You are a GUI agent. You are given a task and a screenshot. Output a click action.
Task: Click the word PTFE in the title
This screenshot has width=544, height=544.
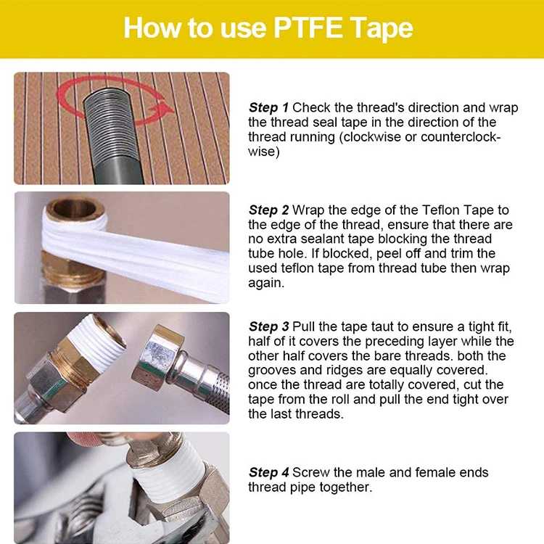308,28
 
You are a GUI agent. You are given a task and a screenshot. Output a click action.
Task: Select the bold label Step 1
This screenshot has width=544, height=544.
268,108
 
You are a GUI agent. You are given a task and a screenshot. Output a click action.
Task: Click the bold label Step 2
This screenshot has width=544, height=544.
268,210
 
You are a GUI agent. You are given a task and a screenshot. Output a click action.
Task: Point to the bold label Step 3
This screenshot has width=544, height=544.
268,327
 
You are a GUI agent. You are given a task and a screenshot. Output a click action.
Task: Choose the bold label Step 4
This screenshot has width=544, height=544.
268,472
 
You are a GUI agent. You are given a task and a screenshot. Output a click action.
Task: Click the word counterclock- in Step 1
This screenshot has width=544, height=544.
461,137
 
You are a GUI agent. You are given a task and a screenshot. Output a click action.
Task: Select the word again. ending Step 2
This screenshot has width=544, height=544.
266,284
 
